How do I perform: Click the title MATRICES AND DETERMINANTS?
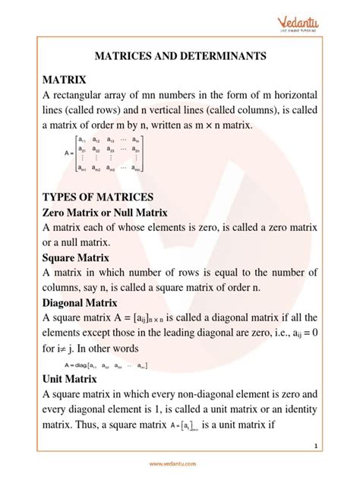(180, 55)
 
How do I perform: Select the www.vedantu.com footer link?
(180, 465)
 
